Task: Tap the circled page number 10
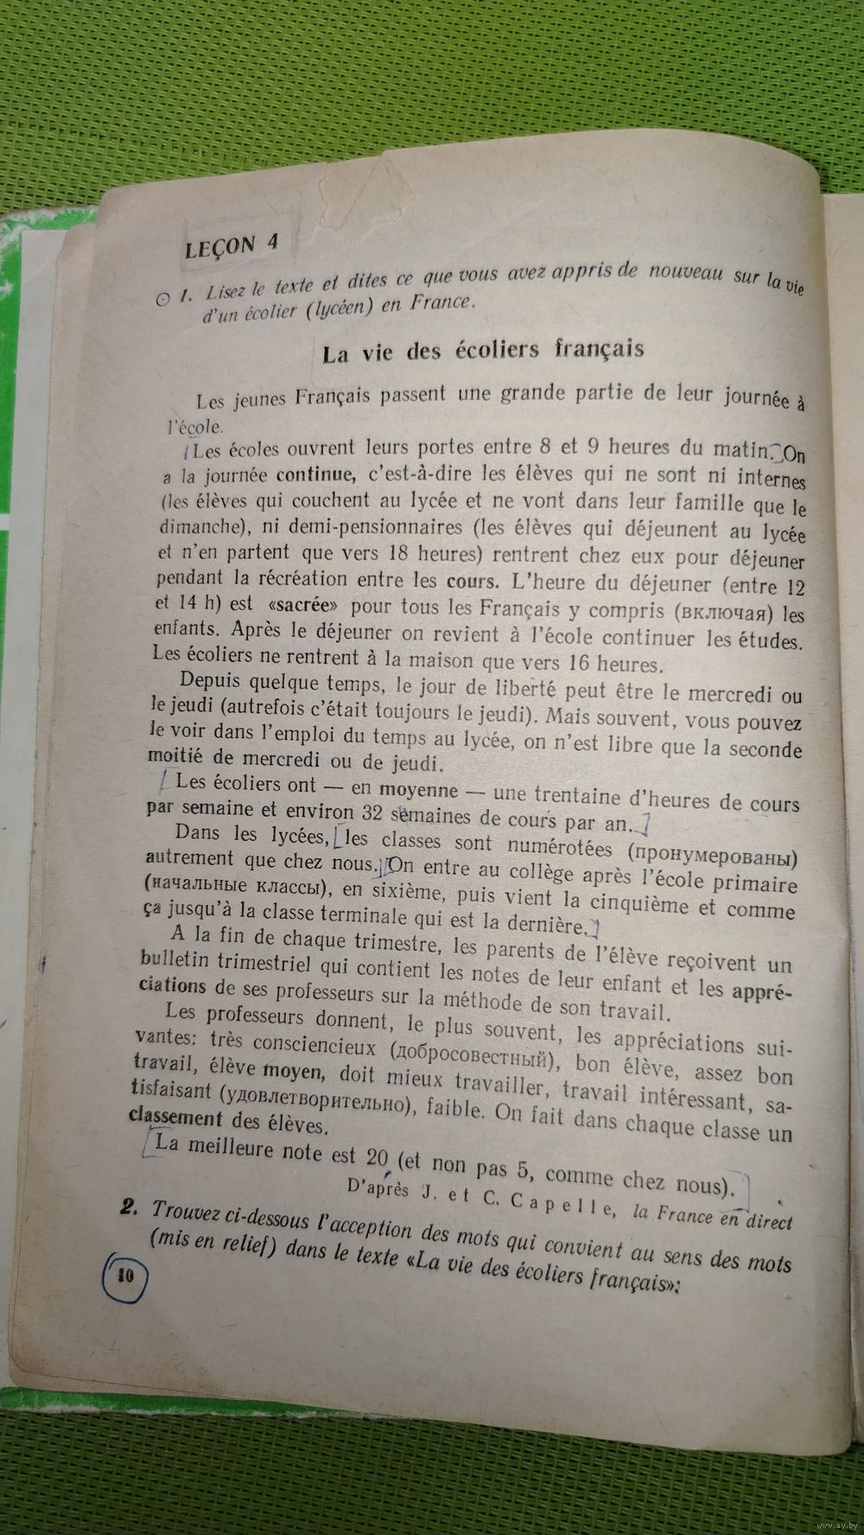point(125,1274)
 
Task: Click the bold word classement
point(175,1118)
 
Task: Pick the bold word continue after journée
point(314,474)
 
